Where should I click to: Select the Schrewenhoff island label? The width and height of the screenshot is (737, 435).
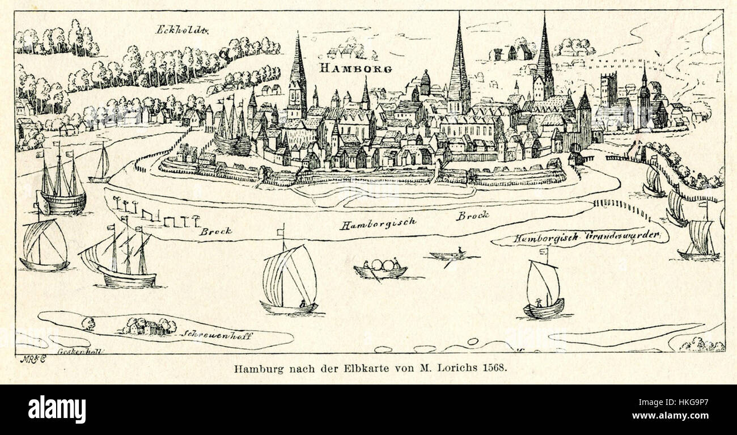(x=217, y=335)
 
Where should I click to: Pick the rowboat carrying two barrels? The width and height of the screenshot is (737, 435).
(x=380, y=269)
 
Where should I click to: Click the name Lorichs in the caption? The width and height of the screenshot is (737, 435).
(x=459, y=367)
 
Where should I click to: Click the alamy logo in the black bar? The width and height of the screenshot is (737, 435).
(x=57, y=409)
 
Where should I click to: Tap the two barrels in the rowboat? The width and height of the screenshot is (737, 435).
(x=381, y=265)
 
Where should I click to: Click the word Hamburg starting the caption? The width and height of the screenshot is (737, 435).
(x=254, y=367)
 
